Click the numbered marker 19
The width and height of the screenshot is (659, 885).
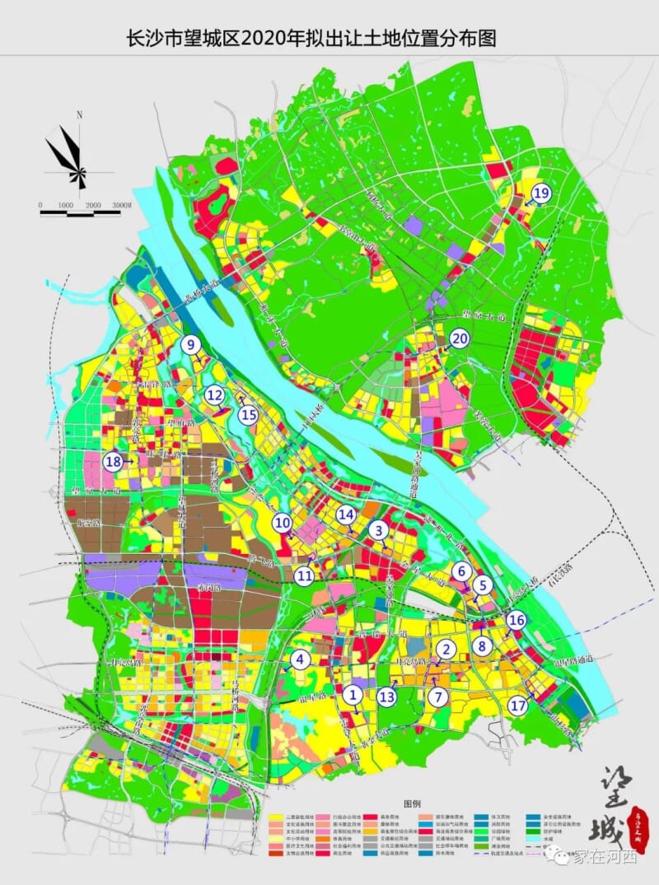[540, 193]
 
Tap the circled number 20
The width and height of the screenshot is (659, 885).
[459, 338]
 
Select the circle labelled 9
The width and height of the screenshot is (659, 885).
[191, 345]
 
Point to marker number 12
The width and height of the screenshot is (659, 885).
[215, 396]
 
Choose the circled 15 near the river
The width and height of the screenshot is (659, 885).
[248, 416]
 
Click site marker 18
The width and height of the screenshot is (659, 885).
[113, 462]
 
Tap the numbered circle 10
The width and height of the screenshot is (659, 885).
[283, 522]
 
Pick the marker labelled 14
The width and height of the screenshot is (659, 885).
[346, 515]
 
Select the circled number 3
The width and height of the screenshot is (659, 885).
[378, 530]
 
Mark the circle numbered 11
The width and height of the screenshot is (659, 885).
[305, 576]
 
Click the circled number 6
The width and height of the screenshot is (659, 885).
[461, 571]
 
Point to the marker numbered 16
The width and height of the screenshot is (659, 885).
[516, 620]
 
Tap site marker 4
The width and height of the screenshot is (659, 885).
[300, 659]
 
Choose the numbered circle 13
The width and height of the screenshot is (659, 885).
[387, 696]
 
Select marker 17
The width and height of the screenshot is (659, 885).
[518, 706]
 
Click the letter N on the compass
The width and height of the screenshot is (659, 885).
[79, 116]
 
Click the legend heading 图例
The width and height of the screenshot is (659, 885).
[411, 802]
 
